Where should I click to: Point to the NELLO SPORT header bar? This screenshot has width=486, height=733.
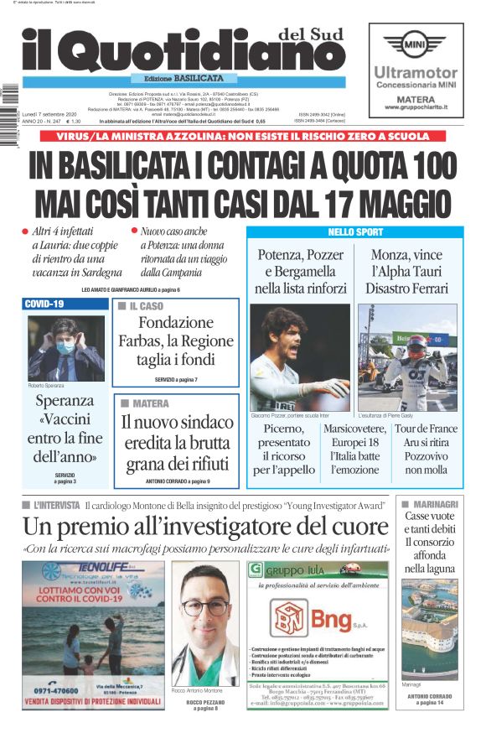[354, 232]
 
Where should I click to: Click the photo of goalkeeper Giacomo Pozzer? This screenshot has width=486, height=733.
[300, 356]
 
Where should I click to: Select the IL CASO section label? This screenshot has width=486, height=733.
[145, 306]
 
